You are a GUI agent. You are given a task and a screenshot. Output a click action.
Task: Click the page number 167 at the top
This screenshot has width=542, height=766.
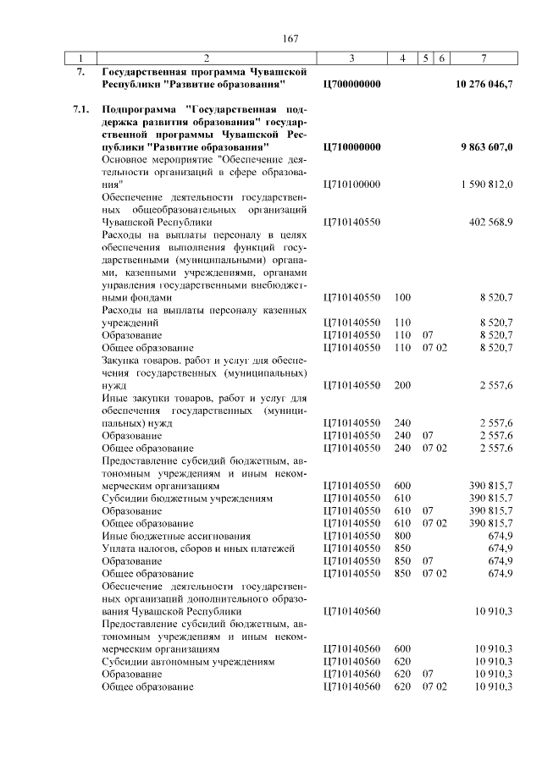(x=291, y=39)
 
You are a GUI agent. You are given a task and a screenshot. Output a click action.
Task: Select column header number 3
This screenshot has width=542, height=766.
(x=351, y=58)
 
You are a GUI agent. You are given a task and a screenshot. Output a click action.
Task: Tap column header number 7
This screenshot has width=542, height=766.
(x=482, y=58)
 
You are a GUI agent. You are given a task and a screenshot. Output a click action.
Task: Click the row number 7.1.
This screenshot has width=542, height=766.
(x=82, y=109)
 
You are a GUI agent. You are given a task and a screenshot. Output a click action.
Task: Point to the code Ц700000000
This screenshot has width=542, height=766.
(x=353, y=85)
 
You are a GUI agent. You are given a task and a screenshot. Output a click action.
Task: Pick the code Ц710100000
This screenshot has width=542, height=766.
(x=353, y=184)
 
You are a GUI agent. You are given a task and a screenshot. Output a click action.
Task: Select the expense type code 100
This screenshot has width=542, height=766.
(x=402, y=298)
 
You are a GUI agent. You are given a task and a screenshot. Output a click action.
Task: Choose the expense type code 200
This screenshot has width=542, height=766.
(x=402, y=385)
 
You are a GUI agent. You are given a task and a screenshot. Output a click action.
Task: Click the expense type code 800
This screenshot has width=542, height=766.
(x=402, y=536)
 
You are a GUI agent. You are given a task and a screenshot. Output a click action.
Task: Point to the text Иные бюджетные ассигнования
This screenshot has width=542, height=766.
(x=176, y=536)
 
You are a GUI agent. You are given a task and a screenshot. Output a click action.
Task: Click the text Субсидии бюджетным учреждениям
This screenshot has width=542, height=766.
(x=187, y=499)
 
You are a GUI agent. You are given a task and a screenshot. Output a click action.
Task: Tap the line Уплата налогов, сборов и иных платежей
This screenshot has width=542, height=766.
(x=198, y=548)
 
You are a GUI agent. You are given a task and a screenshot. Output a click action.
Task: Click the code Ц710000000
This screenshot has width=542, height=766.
(x=353, y=146)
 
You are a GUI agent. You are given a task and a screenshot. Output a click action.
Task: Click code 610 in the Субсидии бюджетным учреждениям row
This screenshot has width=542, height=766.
(x=402, y=499)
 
